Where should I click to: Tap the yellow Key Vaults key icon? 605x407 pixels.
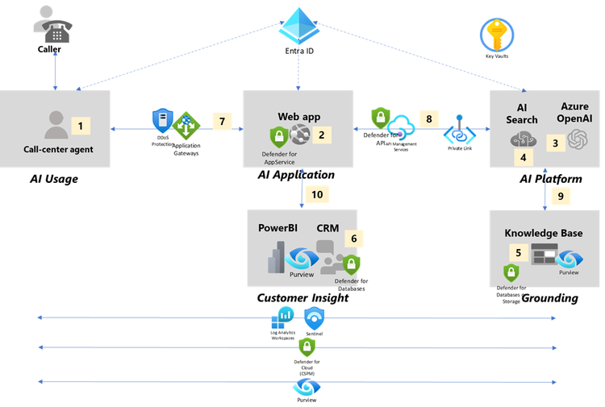pos(496,35)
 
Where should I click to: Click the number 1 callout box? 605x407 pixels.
pos(81,125)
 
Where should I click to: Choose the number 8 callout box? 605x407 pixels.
pos(428,118)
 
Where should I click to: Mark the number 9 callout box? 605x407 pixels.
pos(559,194)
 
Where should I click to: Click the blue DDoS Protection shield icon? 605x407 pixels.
pos(162,121)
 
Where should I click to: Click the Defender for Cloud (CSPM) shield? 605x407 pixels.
pos(307,347)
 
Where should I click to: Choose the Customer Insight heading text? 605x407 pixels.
pos(302,298)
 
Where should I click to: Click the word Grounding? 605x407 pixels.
pos(549,298)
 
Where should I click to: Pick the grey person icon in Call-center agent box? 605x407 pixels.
pos(56,125)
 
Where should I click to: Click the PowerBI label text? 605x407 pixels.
pos(277,228)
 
